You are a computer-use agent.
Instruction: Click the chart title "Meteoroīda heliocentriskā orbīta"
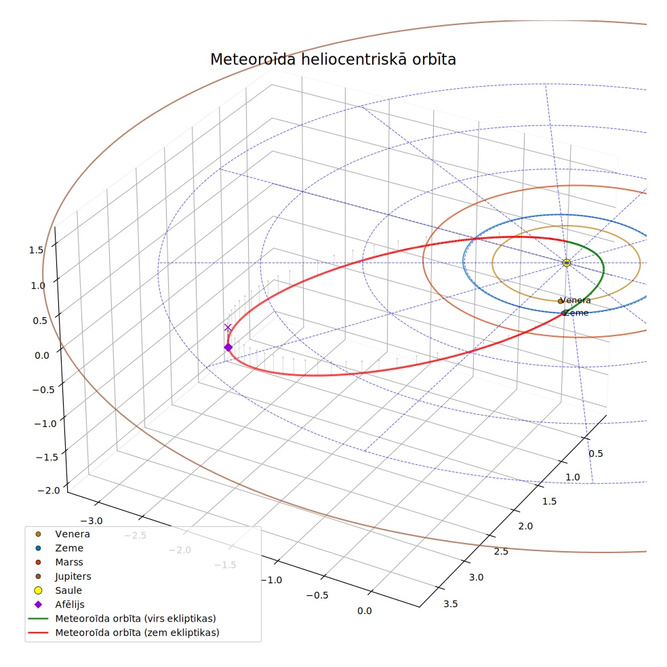click(x=333, y=59)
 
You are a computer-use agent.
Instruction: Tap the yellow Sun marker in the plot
click(x=566, y=263)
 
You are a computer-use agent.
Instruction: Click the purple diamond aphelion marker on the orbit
click(x=228, y=348)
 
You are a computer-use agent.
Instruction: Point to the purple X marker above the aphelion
click(x=228, y=327)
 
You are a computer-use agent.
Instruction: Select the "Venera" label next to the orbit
click(x=575, y=300)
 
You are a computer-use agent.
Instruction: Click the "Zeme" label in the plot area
click(x=577, y=313)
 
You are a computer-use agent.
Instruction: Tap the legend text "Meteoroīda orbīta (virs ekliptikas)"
click(x=136, y=618)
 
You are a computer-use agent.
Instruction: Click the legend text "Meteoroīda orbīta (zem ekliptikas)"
click(x=138, y=632)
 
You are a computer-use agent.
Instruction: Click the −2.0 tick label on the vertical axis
click(x=49, y=491)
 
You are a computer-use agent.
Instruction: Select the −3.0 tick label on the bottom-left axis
click(x=91, y=521)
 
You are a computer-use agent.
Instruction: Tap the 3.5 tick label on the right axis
click(x=451, y=604)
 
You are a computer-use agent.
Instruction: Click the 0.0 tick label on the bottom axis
click(x=364, y=611)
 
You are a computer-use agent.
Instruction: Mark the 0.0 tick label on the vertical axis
click(x=42, y=356)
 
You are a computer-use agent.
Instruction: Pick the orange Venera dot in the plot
click(x=560, y=302)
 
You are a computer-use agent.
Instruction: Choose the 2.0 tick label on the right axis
click(x=525, y=527)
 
